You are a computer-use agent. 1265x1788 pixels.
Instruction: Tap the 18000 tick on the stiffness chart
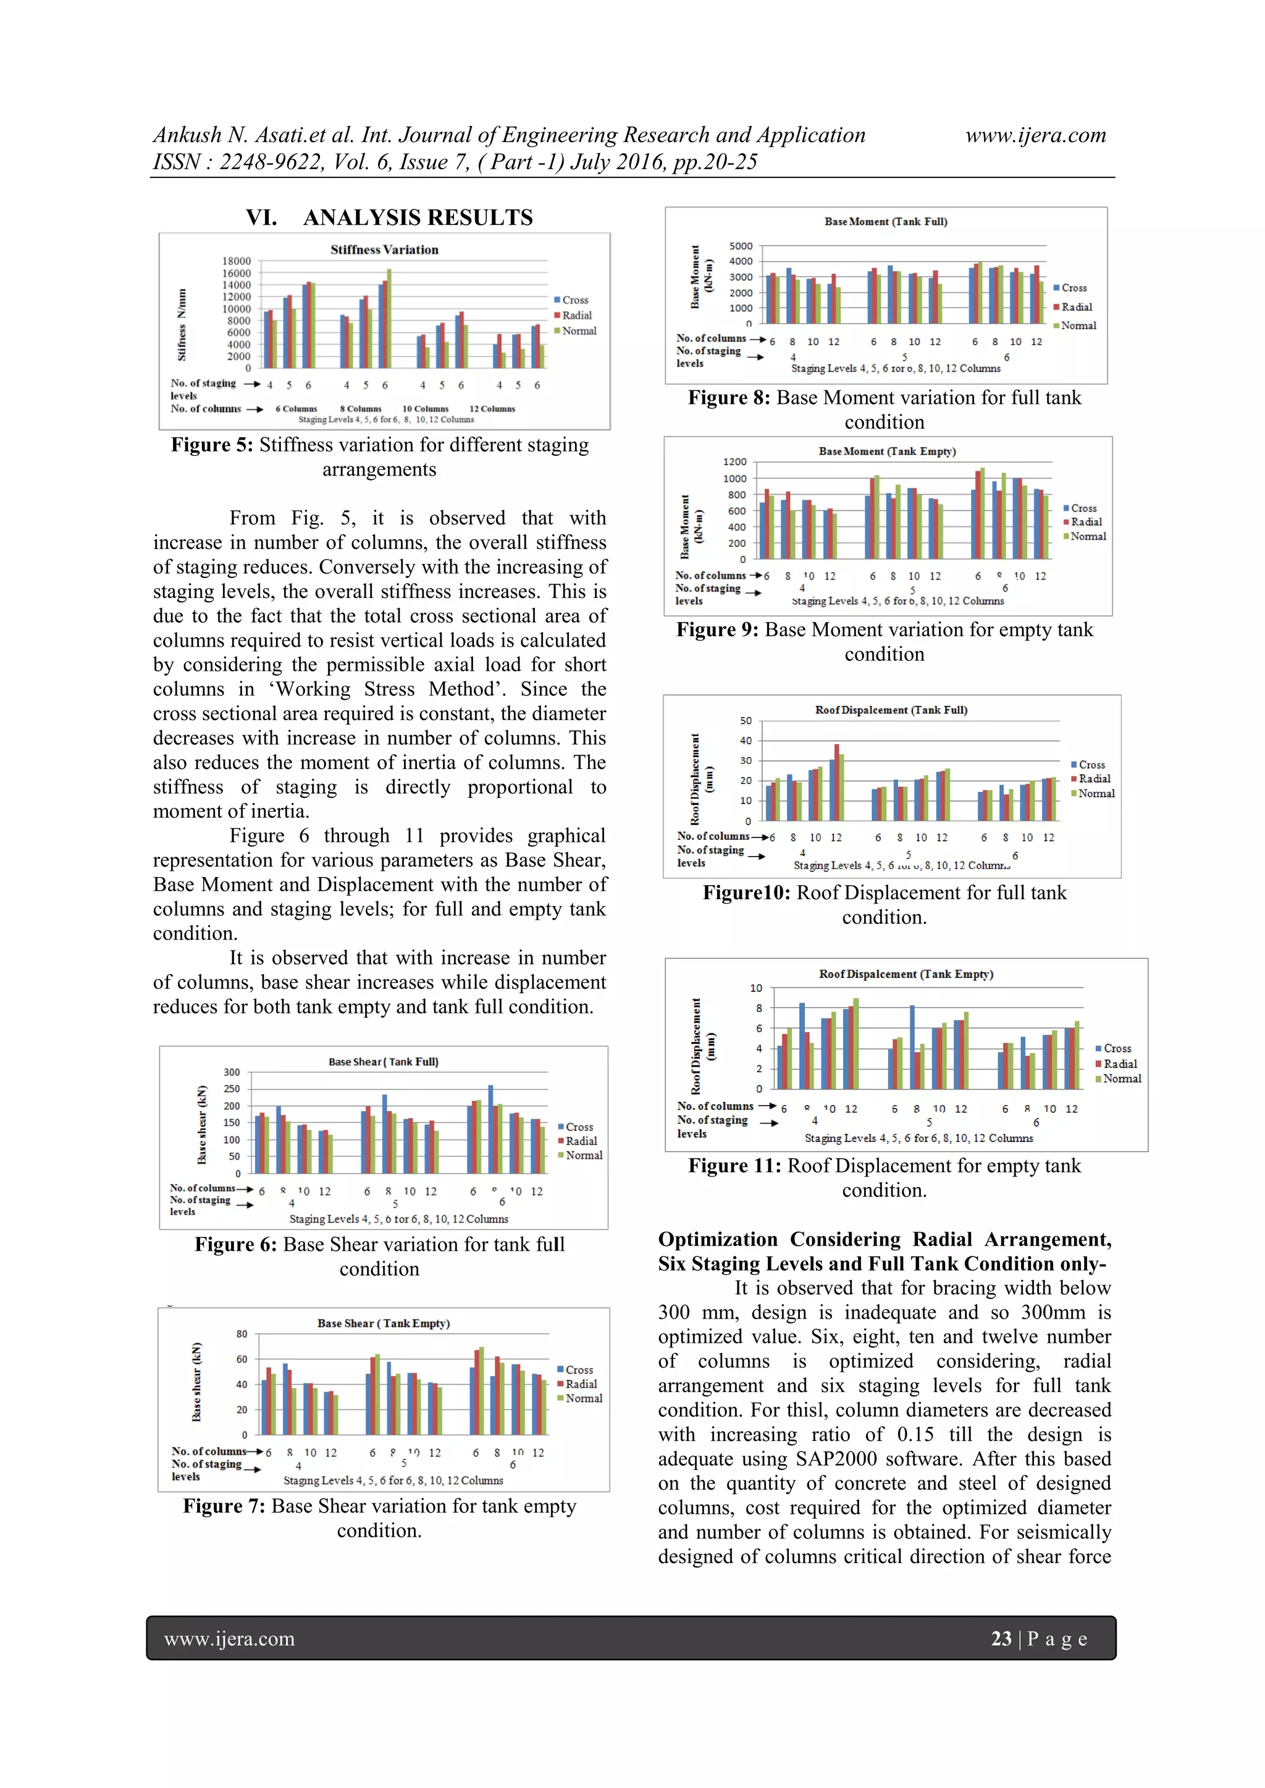[237, 261]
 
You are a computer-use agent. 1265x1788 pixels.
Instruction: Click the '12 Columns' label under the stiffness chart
[492, 409]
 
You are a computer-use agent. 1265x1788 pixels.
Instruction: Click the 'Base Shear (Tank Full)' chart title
[383, 1062]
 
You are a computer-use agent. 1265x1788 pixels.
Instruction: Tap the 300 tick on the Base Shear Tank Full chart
[232, 1072]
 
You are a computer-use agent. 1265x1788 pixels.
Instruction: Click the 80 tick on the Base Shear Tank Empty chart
[242, 1334]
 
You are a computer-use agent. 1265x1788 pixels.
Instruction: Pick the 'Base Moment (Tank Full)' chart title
[886, 221]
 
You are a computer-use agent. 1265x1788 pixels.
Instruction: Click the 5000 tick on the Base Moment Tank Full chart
[741, 246]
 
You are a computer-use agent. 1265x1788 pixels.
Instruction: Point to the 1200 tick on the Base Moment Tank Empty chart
[734, 462]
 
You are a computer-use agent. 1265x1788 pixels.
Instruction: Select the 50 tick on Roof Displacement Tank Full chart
[746, 720]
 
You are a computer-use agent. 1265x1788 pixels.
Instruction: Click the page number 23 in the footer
[1001, 1639]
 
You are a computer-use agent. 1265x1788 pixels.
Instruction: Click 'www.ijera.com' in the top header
[1035, 135]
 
